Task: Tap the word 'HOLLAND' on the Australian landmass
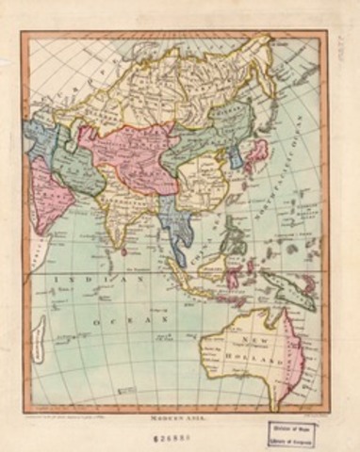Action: tap(268, 361)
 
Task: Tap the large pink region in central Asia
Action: tap(127, 151)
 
